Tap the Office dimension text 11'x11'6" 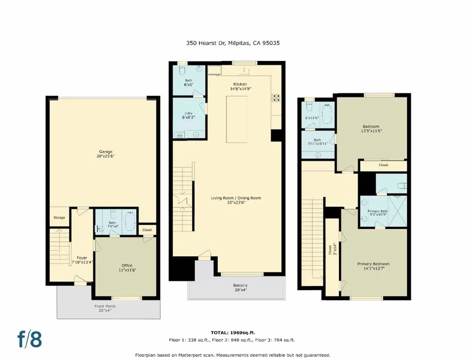127,270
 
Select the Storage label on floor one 59,218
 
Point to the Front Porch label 105,306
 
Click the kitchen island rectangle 237,119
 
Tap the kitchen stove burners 276,97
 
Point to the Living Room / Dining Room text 236,198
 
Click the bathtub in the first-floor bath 130,222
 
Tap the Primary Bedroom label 373,264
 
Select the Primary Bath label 378,211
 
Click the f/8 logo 30,339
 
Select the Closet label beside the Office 147,230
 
